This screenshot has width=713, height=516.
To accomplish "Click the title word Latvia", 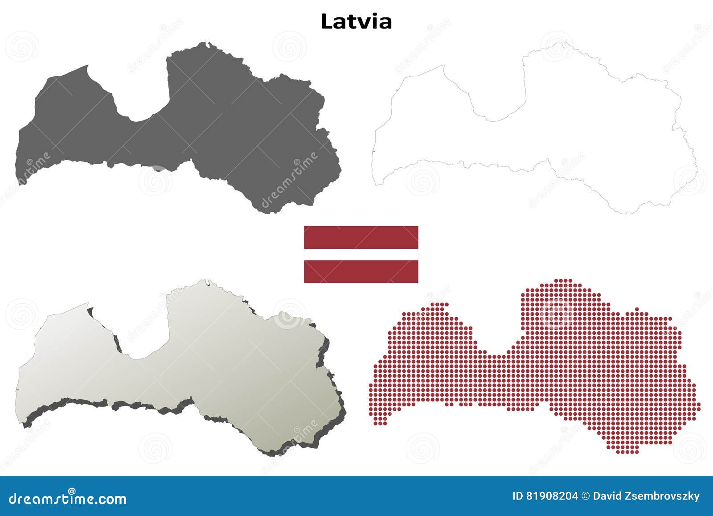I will (x=356, y=21).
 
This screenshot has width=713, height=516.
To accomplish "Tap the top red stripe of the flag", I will (x=361, y=237).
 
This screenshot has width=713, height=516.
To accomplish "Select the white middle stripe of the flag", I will (x=361, y=254).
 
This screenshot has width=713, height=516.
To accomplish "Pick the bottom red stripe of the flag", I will (x=361, y=271).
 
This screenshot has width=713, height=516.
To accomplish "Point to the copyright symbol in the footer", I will (x=586, y=496).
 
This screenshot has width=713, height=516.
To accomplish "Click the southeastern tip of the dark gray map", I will (x=267, y=210).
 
